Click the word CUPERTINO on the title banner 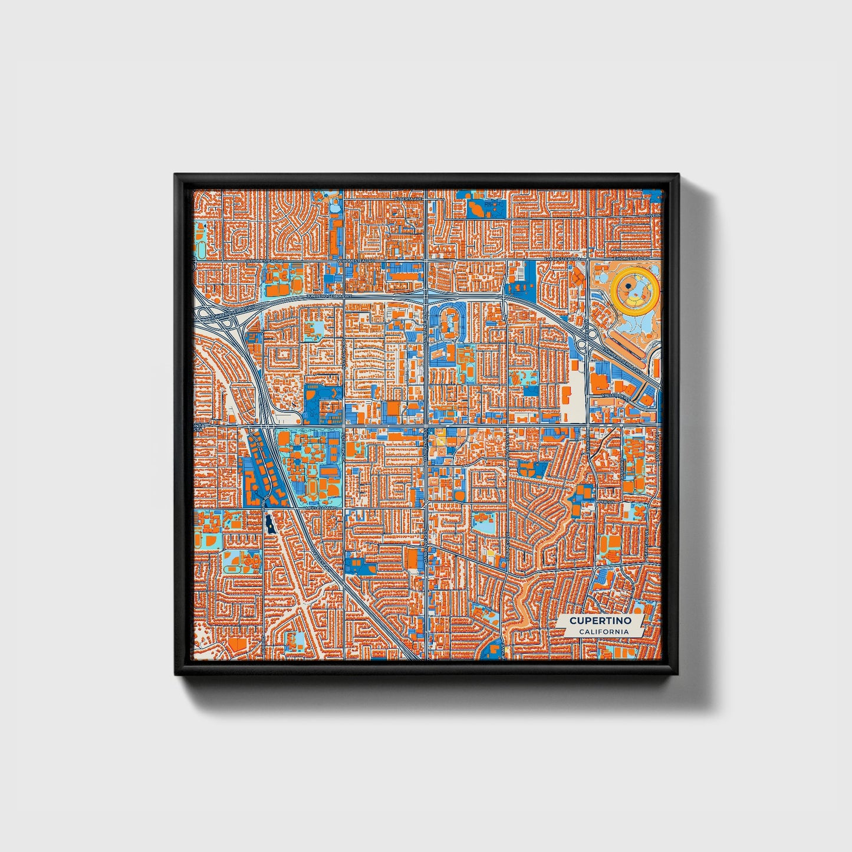tap(600, 620)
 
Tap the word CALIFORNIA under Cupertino tap(603, 631)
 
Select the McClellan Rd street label tap(321, 506)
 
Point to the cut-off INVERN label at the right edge tap(654, 215)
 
